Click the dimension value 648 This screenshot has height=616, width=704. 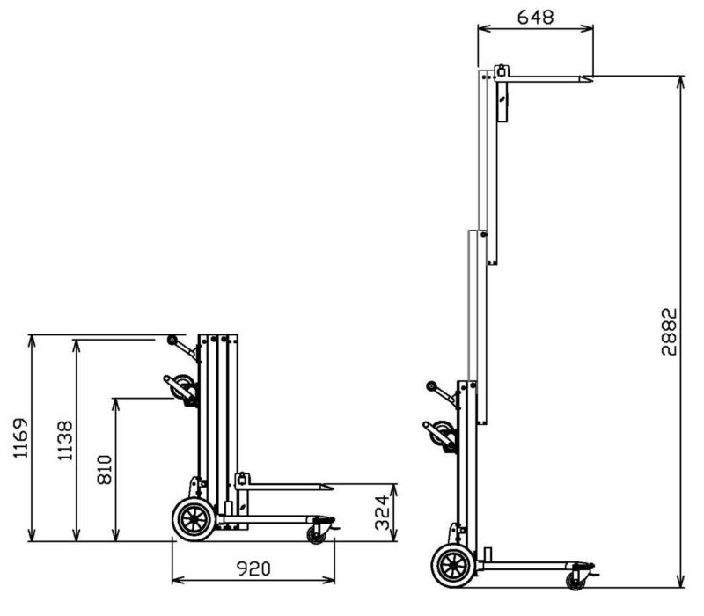[535, 16]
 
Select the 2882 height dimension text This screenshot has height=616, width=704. [670, 331]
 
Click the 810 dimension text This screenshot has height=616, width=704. [103, 473]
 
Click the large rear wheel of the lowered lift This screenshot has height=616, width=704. [191, 519]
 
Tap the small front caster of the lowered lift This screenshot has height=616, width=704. [316, 533]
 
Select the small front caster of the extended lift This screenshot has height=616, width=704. [576, 580]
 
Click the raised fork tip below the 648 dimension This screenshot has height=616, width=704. [589, 79]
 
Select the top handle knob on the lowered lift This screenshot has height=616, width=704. [171, 341]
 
